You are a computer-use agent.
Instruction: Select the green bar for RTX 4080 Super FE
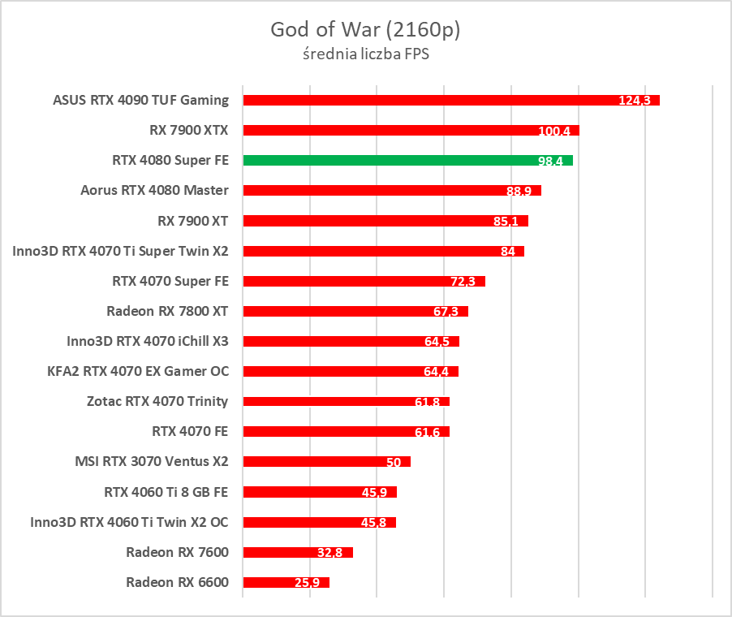(407, 160)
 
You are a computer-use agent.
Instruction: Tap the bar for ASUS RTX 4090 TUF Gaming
(450, 100)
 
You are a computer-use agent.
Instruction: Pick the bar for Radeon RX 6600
(286, 582)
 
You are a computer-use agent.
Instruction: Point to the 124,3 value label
(635, 101)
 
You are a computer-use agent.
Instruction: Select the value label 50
(394, 462)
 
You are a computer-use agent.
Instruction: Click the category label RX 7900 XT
(193, 220)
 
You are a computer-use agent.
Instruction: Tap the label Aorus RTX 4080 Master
(154, 190)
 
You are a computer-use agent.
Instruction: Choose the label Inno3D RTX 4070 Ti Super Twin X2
(120, 251)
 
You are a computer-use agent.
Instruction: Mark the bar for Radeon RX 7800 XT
(355, 311)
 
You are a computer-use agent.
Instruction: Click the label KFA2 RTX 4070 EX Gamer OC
(138, 371)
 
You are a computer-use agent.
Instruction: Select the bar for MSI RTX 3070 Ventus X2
(326, 461)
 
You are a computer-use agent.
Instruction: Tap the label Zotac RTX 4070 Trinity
(157, 401)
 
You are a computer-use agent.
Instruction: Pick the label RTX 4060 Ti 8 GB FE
(166, 491)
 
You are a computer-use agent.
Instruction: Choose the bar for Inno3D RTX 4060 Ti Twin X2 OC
(319, 522)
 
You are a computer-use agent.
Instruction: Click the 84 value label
(508, 252)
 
